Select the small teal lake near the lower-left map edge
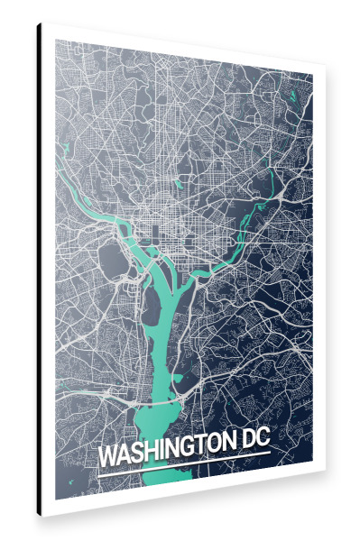tap(67, 390)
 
